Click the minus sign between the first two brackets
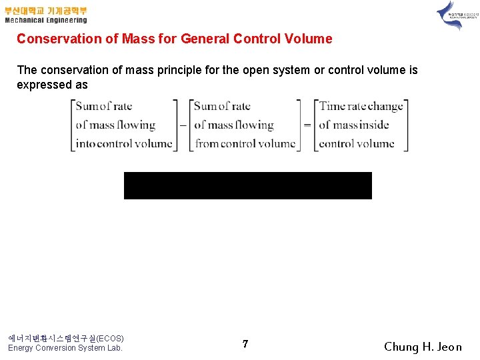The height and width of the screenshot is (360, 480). coord(183,125)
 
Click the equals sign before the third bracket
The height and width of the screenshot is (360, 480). coord(307,125)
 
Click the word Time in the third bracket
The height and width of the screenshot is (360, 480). coord(332,106)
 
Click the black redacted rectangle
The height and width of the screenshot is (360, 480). coord(247,185)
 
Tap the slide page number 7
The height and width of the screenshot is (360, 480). coord(245,344)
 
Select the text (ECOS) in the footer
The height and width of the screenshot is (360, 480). coord(110,338)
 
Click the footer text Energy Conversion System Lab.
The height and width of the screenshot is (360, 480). coord(65,348)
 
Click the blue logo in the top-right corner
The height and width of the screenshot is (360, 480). coord(450,15)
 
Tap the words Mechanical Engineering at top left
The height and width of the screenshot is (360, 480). coord(45,21)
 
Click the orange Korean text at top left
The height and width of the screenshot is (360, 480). coord(45,11)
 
